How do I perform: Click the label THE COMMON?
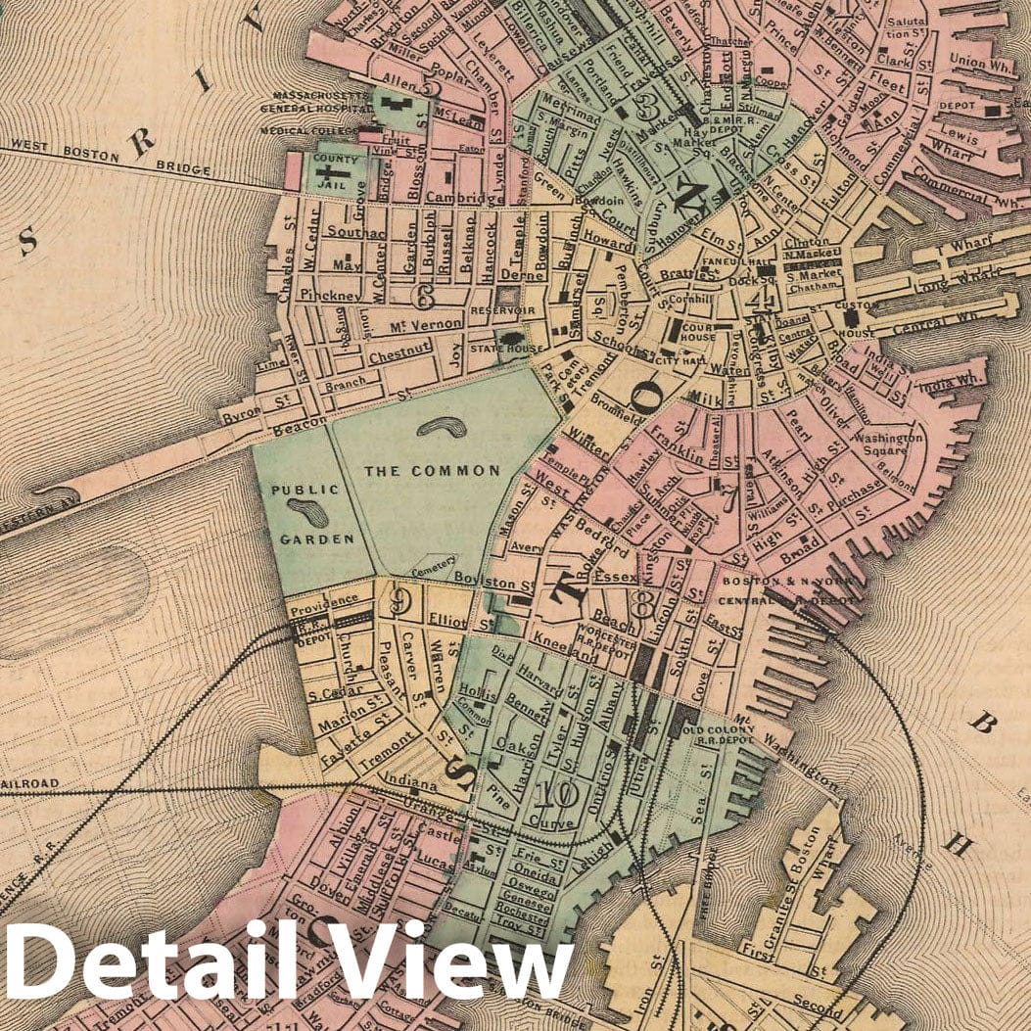(432, 471)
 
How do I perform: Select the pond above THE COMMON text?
(443, 427)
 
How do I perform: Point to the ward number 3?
(646, 104)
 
